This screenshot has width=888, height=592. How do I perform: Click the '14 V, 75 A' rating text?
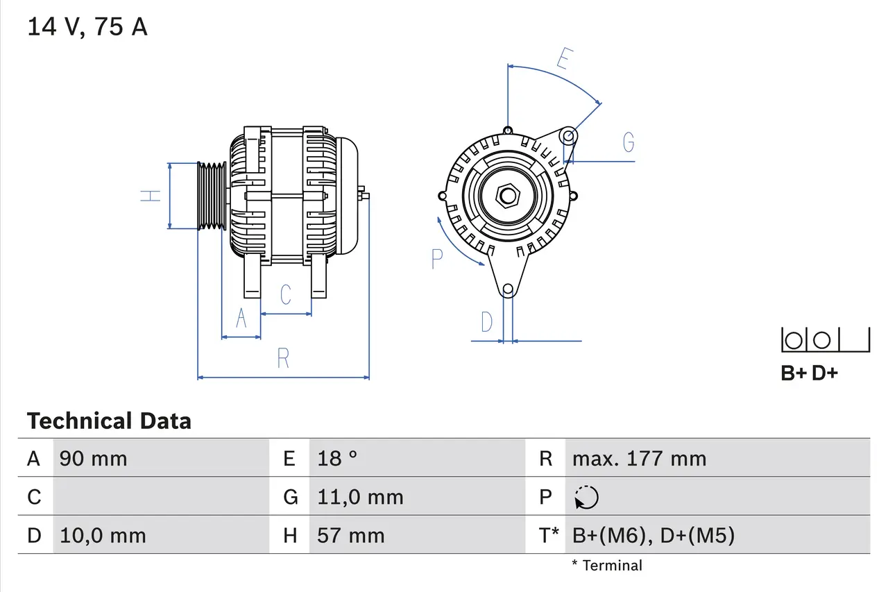point(87,27)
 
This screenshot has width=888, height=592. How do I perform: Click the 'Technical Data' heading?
point(109,421)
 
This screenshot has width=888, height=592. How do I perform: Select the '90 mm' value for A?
point(94,459)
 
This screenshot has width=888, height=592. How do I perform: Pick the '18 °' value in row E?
point(337,459)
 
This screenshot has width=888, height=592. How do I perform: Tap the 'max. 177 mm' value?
point(639,459)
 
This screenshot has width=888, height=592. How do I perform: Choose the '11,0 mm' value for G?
point(360,497)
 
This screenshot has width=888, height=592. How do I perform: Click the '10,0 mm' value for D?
point(103,536)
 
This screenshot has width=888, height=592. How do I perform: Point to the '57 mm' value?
point(350,536)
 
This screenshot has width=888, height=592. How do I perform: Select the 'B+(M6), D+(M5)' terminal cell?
point(653,536)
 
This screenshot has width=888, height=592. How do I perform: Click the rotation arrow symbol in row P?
point(586,498)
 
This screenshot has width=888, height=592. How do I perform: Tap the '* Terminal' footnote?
point(607,566)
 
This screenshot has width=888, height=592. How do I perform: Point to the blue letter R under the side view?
point(283,359)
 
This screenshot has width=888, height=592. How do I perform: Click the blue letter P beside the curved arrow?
point(436,259)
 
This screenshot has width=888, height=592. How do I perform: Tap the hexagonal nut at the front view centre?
point(508,196)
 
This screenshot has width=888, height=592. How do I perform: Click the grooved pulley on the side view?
point(212,196)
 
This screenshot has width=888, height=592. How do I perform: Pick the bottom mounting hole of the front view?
point(508,289)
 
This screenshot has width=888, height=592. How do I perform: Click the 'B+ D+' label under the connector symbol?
point(809,373)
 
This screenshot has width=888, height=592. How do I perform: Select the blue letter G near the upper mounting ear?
point(628,142)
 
